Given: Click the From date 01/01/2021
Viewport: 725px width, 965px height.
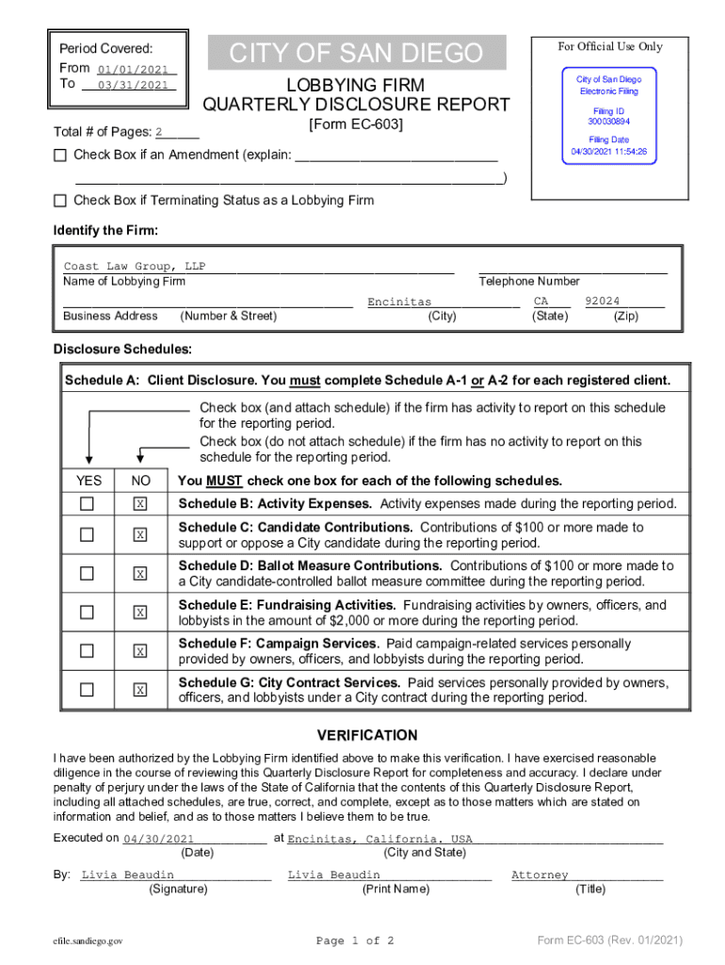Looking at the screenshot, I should click(132, 69).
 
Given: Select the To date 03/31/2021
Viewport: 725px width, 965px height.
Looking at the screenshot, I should click(132, 85).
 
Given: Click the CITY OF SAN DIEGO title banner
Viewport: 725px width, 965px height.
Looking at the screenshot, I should click(357, 53).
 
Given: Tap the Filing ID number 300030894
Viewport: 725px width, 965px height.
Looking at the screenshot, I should click(608, 122).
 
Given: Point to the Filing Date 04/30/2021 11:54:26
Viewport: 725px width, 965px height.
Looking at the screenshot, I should click(608, 152).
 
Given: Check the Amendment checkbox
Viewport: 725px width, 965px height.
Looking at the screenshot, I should click(61, 155).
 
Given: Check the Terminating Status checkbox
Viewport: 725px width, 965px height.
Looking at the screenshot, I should click(61, 200).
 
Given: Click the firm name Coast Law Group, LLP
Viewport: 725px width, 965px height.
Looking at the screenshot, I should click(134, 267).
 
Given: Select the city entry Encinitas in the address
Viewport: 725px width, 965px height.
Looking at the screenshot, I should click(399, 302).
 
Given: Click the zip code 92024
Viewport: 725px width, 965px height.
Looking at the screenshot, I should click(602, 302).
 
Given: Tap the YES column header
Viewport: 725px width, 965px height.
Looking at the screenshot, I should click(88, 481).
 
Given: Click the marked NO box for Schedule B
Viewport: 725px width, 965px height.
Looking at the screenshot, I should click(140, 504).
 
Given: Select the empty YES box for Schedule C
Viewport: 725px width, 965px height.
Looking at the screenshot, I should click(88, 535).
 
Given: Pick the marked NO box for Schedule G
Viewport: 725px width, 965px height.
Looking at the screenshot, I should click(140, 690).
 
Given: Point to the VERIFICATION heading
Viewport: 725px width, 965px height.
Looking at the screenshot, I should click(366, 735).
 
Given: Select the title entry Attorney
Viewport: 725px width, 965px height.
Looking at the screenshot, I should click(540, 875).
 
